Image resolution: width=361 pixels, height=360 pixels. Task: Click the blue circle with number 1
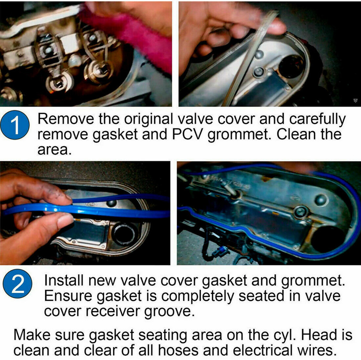click(x=15, y=126)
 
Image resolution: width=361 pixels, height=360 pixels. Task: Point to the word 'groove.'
click(x=170, y=311)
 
